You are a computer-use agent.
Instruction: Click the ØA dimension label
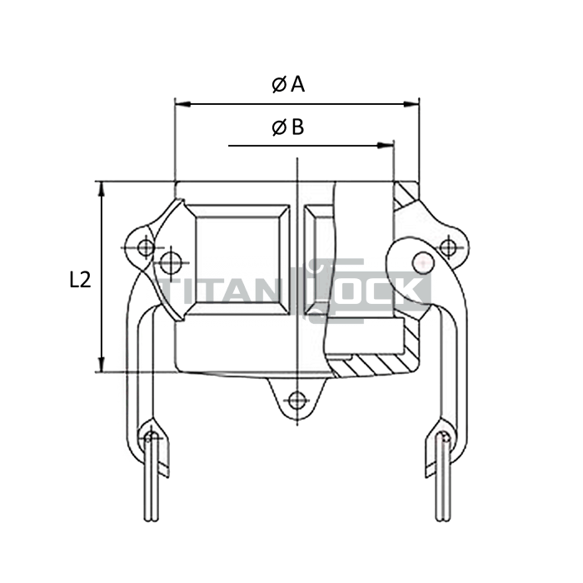point(288,84)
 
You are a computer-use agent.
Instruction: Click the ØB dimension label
point(288,127)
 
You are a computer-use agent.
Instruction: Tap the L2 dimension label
point(80,281)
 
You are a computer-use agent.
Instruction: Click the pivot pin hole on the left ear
point(145,247)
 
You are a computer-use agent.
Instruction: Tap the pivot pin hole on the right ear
point(447,247)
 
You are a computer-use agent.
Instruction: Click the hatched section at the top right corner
point(406,197)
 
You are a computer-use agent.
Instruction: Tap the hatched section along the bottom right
point(375,365)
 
